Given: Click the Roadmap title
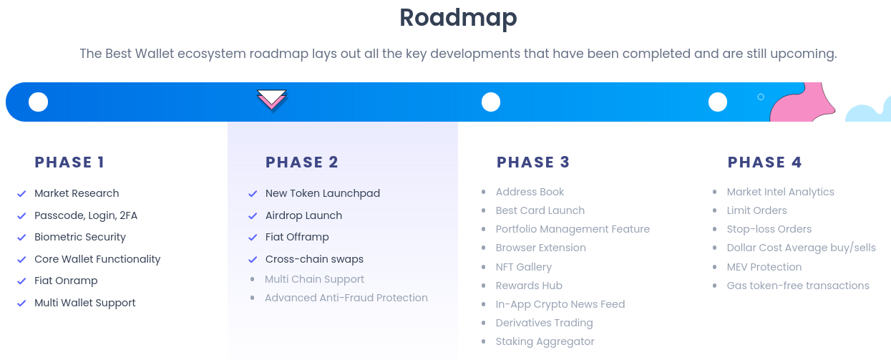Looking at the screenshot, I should tap(458, 17).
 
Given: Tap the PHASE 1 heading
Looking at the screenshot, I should tap(69, 162).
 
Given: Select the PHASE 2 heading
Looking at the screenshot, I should tap(301, 162).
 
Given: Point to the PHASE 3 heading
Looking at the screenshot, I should tap(532, 162).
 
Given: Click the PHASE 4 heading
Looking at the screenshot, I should tap(764, 162).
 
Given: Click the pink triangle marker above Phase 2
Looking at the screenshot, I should tap(272, 100).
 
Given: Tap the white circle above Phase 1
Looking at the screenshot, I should tap(38, 102).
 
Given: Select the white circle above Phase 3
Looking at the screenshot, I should tap(490, 102).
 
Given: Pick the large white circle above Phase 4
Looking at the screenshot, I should tap(717, 102).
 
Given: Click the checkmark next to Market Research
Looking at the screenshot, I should tap(21, 194).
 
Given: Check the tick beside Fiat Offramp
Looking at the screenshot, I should tap(253, 238).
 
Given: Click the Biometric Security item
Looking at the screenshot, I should tap(79, 237).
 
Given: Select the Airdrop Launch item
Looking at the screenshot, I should tap(303, 215).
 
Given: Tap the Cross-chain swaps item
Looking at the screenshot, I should tap(314, 259).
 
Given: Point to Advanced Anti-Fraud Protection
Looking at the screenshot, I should tap(346, 298).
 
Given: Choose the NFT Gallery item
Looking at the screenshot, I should tap(523, 267).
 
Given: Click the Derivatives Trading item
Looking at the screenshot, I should tap(544, 323).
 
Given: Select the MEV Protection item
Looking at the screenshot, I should tap(764, 267).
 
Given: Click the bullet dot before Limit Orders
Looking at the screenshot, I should tap(715, 210).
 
